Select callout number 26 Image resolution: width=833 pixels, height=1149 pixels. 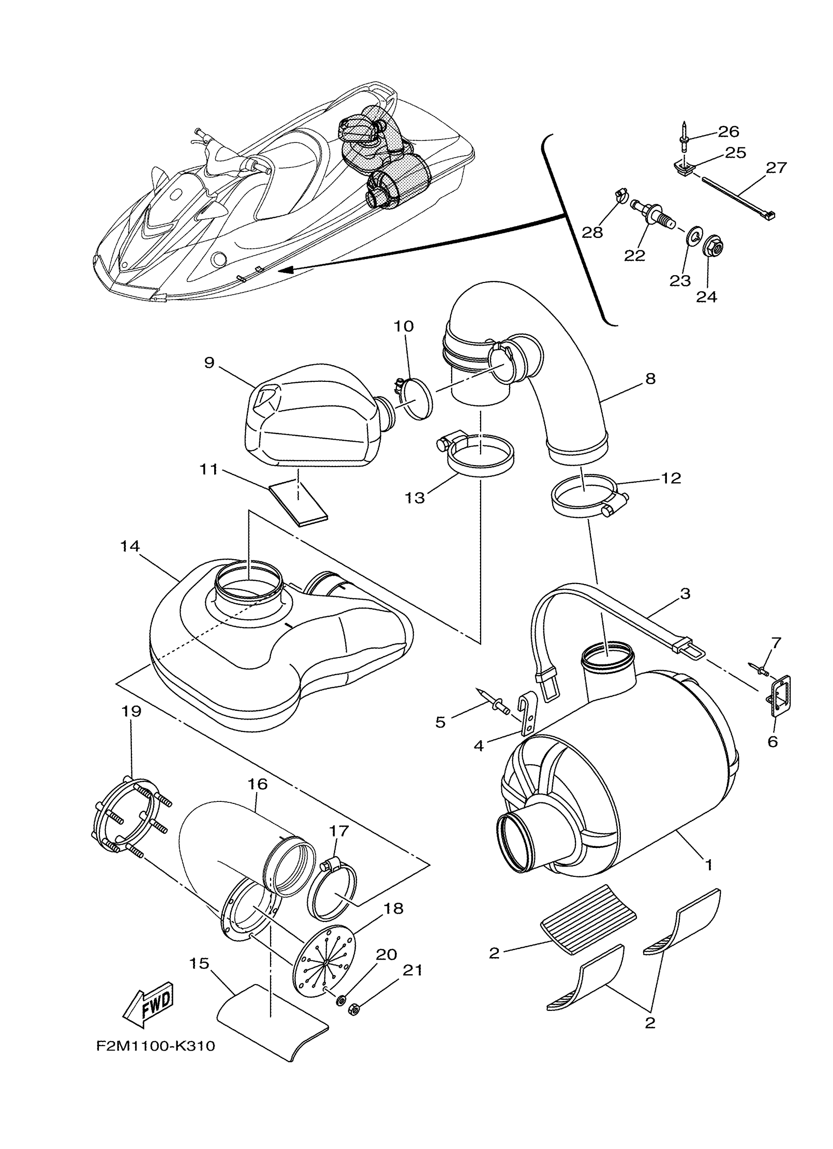[729, 132]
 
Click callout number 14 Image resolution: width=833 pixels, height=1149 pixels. [130, 546]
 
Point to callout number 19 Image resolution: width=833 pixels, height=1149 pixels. [131, 711]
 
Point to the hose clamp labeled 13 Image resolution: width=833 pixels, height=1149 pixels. [479, 453]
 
